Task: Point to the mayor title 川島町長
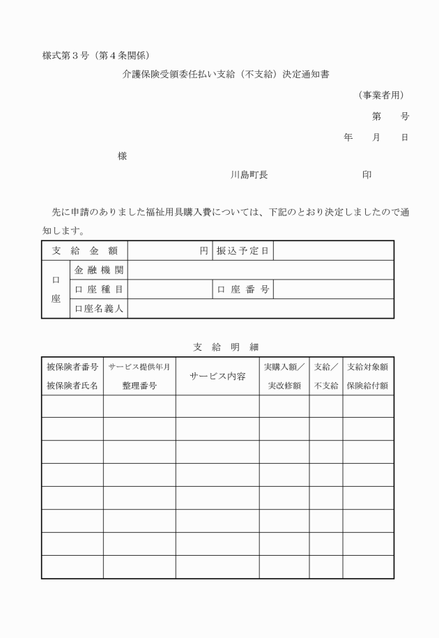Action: click(x=249, y=175)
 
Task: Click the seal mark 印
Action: click(x=367, y=175)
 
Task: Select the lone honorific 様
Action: click(x=122, y=156)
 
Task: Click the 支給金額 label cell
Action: click(x=84, y=250)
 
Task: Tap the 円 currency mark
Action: click(x=204, y=250)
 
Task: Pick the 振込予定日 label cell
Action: click(x=242, y=250)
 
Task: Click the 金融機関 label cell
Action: click(x=98, y=270)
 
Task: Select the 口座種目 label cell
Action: click(x=98, y=289)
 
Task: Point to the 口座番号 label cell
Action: click(x=242, y=289)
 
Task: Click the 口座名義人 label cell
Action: click(x=98, y=308)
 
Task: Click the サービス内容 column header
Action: click(x=217, y=376)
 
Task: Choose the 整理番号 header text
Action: click(x=139, y=385)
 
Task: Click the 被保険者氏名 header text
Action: click(x=72, y=385)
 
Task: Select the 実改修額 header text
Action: click(x=284, y=385)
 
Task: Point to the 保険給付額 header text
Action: click(x=367, y=385)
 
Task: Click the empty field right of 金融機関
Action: click(x=261, y=270)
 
